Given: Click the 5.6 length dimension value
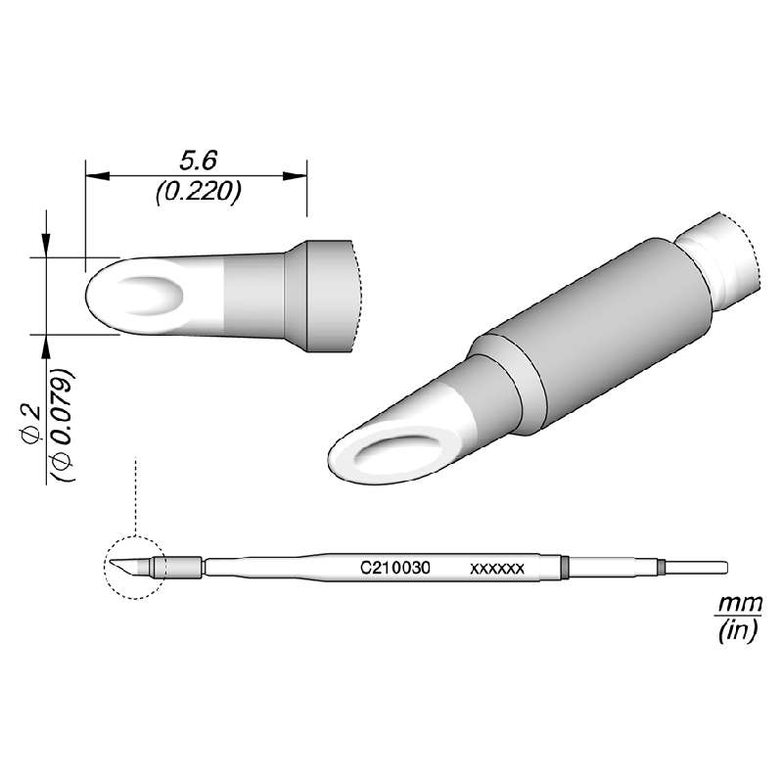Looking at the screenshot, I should [x=197, y=161].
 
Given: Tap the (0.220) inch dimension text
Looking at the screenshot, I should [x=198, y=193].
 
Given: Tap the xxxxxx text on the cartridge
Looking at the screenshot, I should [x=498, y=568].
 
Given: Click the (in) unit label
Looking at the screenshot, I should [x=733, y=631].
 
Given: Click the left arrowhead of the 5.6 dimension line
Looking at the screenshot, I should [x=94, y=176].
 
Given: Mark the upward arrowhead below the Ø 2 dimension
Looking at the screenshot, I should [x=46, y=342].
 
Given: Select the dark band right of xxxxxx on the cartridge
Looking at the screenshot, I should [x=566, y=567].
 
